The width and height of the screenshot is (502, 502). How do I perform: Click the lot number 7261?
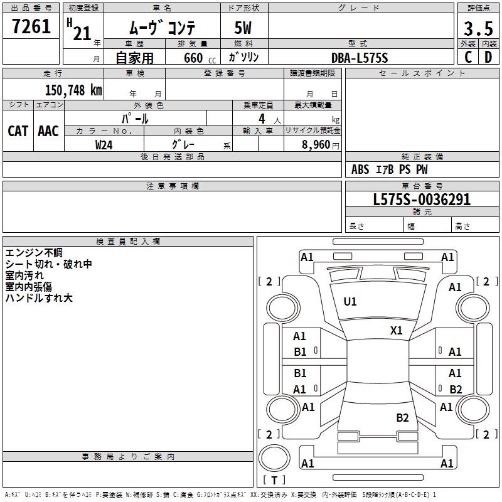(x=31, y=26)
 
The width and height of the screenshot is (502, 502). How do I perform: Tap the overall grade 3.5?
(x=478, y=28)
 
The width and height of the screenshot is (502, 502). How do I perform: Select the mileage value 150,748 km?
(x=73, y=90)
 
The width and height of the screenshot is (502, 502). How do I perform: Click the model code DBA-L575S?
(x=360, y=58)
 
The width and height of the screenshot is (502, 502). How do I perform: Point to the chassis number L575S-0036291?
(x=422, y=200)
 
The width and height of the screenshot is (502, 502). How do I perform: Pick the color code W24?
(x=104, y=145)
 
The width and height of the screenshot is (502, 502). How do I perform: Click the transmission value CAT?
(x=18, y=131)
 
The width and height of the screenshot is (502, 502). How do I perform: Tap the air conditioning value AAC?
(x=48, y=131)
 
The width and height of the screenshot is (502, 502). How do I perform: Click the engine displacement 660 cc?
(x=200, y=58)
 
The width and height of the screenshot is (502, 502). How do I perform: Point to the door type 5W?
(x=243, y=28)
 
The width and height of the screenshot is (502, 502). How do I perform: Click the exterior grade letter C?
(x=468, y=57)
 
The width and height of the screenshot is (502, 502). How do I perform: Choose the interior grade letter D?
(x=488, y=57)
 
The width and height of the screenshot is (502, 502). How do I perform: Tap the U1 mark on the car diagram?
(x=350, y=302)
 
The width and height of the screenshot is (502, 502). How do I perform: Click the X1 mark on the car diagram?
(x=396, y=331)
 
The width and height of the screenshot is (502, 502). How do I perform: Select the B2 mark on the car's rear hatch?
(x=402, y=418)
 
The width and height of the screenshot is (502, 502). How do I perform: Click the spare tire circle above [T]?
(x=274, y=458)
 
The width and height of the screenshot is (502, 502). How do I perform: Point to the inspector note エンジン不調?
(x=34, y=253)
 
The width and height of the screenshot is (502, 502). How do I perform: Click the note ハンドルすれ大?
(x=39, y=298)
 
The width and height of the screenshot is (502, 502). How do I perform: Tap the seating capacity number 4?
(x=262, y=119)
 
